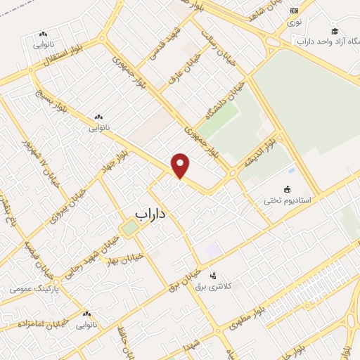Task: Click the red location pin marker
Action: point(181,165)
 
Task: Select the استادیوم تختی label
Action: point(287,200)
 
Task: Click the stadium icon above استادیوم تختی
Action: point(287,189)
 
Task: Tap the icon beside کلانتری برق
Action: point(214,276)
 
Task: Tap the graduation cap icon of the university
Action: point(335,32)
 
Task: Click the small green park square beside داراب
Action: point(129,229)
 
